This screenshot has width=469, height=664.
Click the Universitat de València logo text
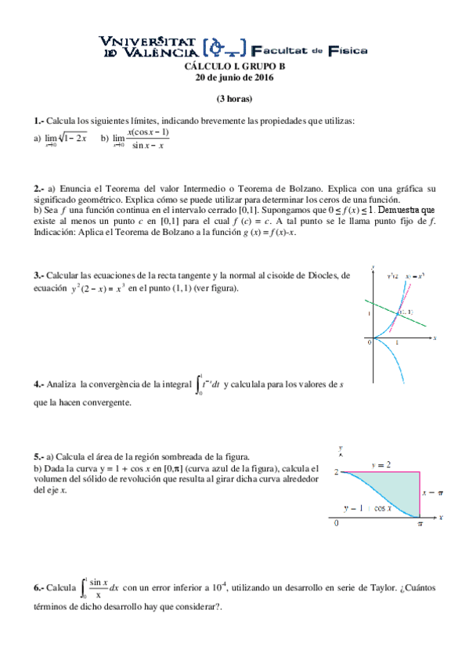click(149, 48)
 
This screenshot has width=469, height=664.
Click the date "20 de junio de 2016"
click(234, 78)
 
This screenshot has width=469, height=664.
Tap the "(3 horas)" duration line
click(234, 99)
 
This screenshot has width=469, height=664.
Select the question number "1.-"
click(39, 121)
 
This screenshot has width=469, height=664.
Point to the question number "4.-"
click(39, 384)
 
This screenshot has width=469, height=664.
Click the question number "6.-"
click(39, 587)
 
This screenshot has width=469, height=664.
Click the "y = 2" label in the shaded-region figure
click(381, 465)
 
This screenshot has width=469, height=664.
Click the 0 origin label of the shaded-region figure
click(337, 523)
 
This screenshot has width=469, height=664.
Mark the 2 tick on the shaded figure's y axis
click(335, 472)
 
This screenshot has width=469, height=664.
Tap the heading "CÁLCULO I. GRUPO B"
click(234, 67)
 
